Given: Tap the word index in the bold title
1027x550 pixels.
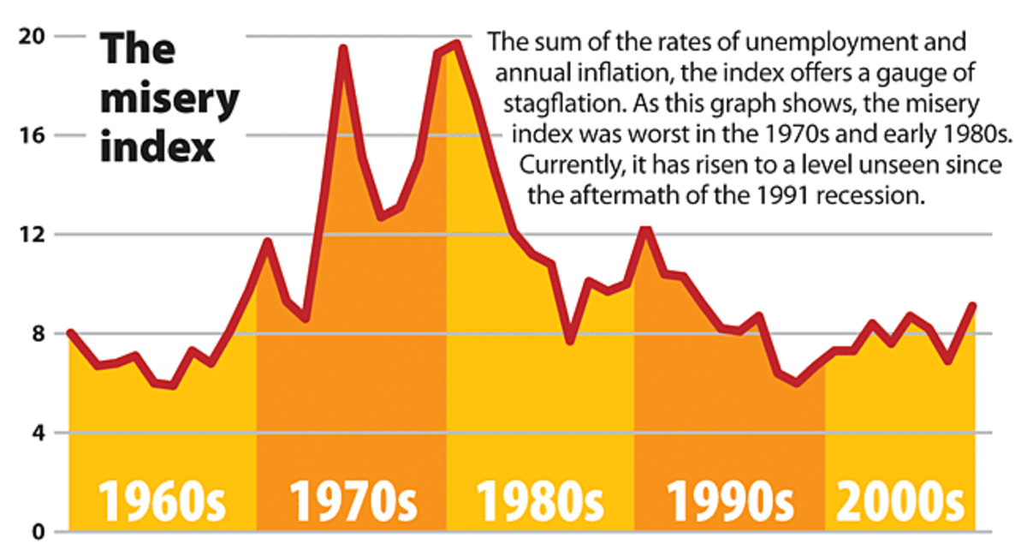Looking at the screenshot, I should coord(157,147).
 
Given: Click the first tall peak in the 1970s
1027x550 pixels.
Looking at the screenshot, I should coord(342,49).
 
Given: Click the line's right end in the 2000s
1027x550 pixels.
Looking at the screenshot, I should coord(973,306).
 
